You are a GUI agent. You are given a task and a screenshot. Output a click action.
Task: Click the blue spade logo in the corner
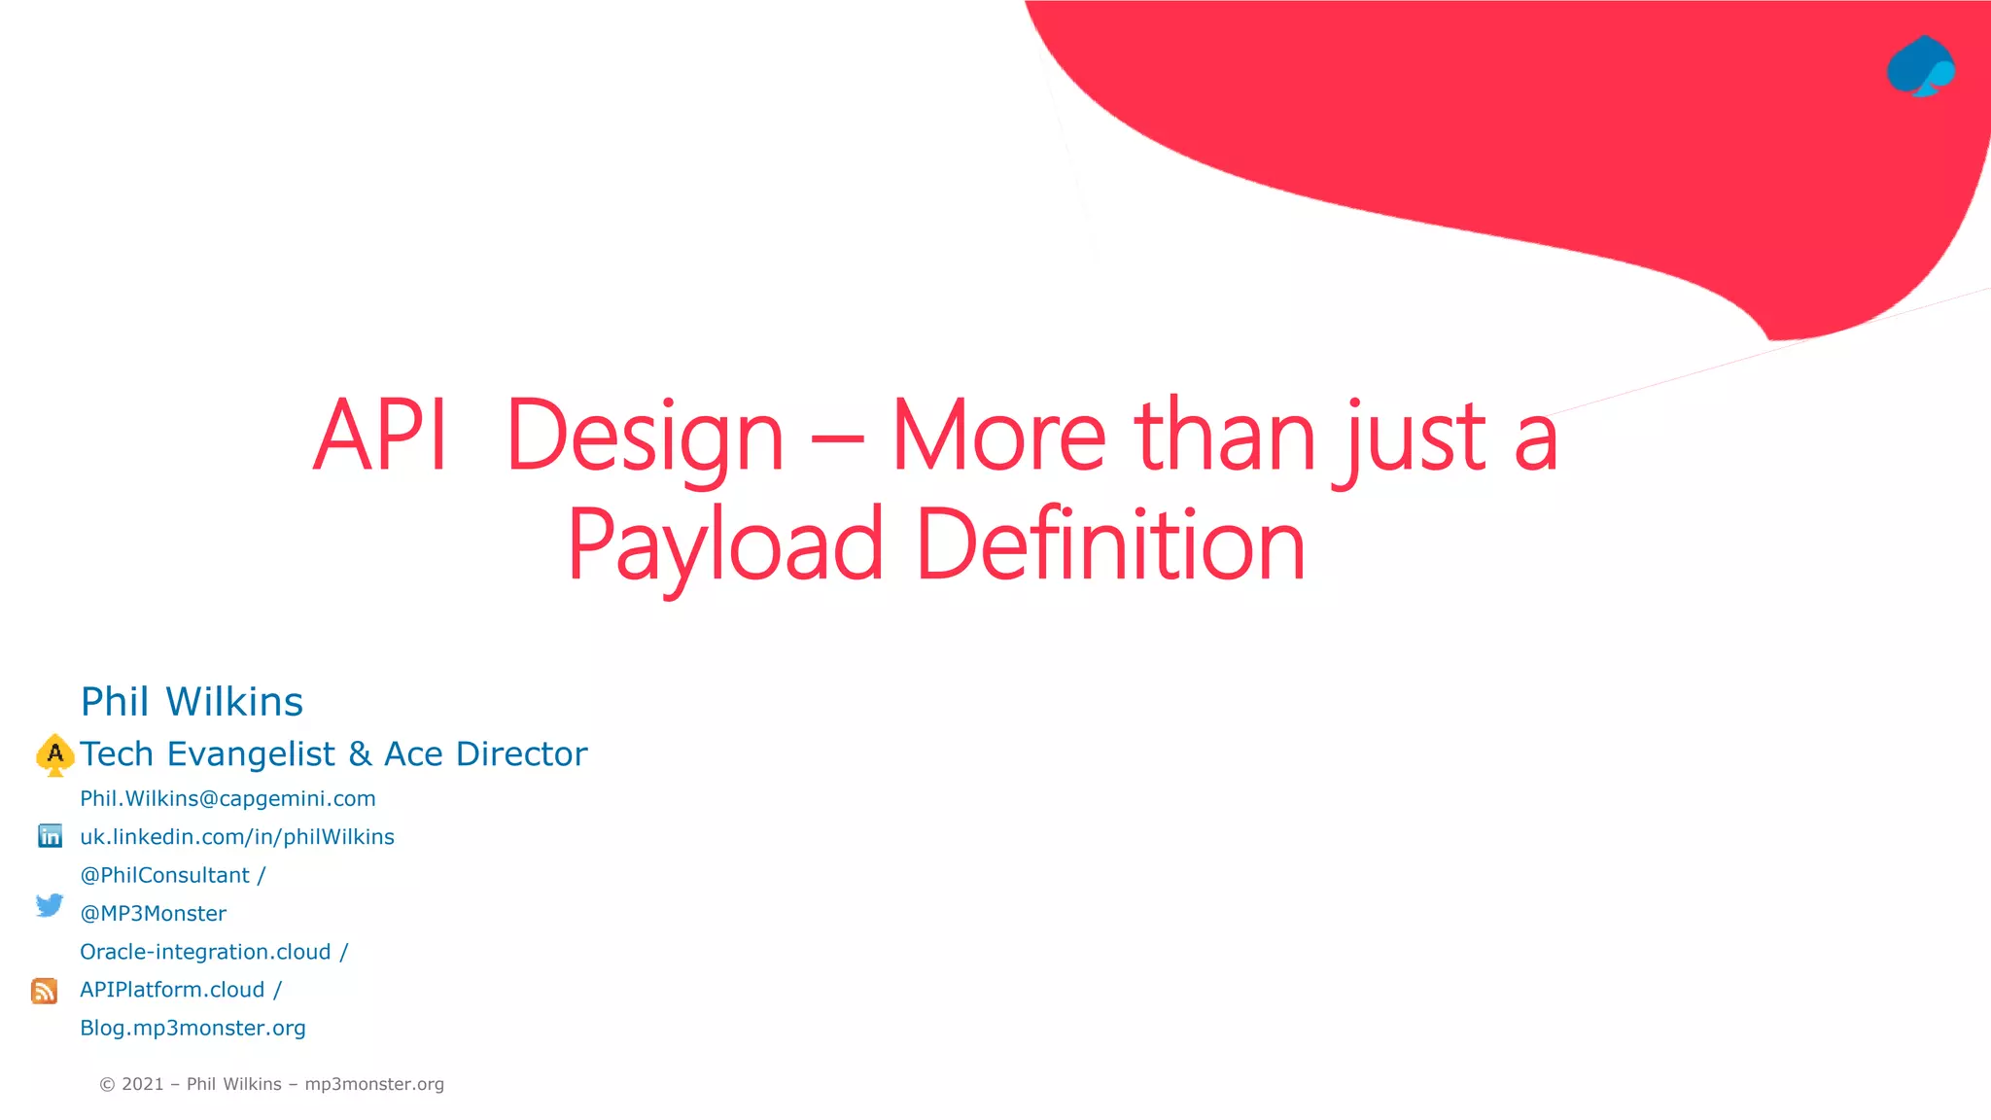coord(1921,66)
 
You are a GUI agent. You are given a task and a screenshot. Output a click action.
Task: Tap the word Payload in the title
coord(725,545)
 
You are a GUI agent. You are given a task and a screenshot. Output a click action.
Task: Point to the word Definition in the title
coord(1110,545)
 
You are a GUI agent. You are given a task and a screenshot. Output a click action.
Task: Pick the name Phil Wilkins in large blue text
coord(192,702)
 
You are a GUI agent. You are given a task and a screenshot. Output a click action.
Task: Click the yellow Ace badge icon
coord(55,754)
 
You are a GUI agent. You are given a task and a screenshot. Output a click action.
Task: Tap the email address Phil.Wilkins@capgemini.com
coord(227,799)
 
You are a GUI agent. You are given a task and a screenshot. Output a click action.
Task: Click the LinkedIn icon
coord(50,836)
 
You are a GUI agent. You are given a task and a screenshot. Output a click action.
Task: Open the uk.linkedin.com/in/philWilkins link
coord(237,837)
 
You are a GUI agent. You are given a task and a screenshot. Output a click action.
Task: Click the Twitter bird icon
coord(50,905)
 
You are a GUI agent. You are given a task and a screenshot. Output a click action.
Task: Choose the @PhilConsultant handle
coord(165,875)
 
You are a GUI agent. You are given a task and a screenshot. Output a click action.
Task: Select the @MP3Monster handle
coord(154,914)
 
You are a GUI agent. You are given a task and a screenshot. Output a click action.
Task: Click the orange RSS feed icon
coord(45,991)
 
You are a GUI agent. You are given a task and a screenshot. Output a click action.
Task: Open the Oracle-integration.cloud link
coord(205,952)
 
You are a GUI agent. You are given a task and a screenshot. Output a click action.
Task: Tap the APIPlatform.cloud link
coord(172,990)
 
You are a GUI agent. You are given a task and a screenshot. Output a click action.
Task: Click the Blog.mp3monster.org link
coord(192,1029)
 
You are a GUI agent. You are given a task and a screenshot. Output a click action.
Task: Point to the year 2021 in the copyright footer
coord(143,1084)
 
